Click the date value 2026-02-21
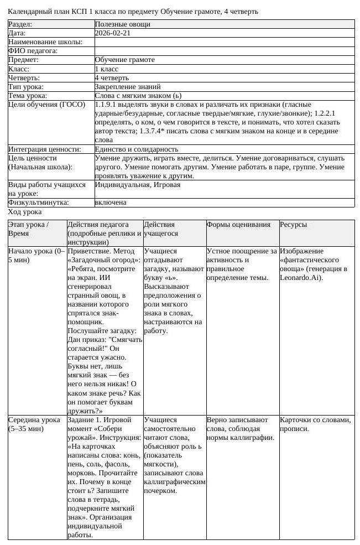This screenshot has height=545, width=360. pos(112,33)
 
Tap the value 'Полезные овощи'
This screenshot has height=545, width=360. pos(119,24)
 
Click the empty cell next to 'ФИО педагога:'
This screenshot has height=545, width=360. pos(224,51)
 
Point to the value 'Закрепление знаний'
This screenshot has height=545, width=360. pos(128,86)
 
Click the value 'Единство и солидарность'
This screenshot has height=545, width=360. pos(137,149)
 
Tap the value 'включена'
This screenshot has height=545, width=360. pos(111,203)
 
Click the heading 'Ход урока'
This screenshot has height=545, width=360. pos(24,211)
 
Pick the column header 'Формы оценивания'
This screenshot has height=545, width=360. pos(238,225)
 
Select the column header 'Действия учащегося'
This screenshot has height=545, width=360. pos(159,229)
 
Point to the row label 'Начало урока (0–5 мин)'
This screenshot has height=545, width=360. pos(36,255)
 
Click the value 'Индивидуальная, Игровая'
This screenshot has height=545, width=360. pos(137,185)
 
